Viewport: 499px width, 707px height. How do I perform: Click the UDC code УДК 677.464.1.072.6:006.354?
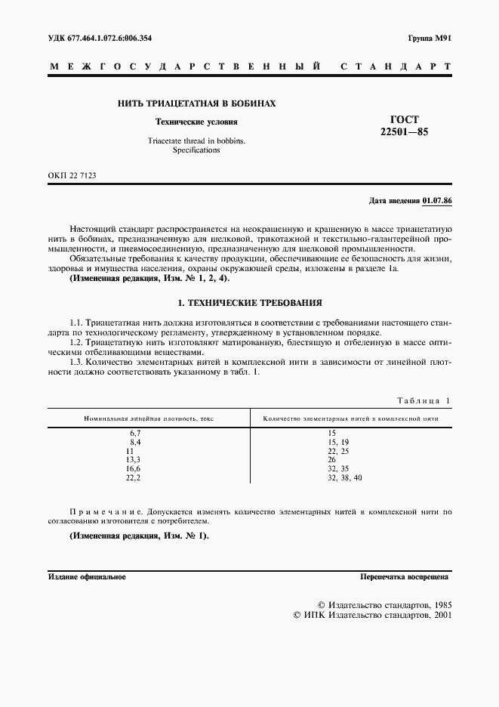click(105, 38)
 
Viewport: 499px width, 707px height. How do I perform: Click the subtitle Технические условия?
click(196, 122)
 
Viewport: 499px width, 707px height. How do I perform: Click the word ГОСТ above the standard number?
click(404, 119)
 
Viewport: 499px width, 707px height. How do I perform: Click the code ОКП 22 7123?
click(72, 176)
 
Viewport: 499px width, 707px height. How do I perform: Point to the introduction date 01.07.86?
click(436, 201)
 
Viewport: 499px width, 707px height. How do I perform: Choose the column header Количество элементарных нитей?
click(350, 418)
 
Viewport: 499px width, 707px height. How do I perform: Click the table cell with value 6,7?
click(136, 432)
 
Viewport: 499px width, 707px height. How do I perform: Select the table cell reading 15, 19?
click(338, 441)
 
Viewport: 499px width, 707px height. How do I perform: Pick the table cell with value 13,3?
click(134, 459)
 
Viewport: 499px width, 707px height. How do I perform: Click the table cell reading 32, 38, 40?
click(345, 478)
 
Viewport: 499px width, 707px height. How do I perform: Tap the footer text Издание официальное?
click(87, 577)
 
